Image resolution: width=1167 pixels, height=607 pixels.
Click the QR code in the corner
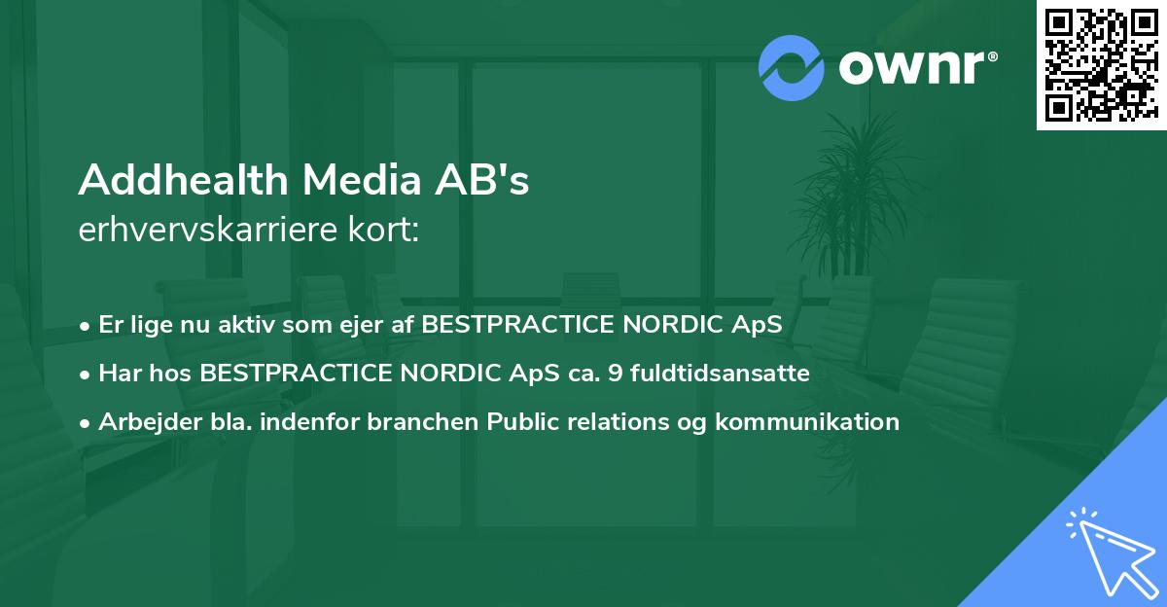[x=1101, y=64]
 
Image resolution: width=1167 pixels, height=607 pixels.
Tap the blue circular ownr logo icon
[x=791, y=68]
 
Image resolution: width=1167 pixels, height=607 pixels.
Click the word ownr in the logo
[x=913, y=68]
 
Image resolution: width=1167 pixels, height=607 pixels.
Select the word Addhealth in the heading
[x=182, y=181]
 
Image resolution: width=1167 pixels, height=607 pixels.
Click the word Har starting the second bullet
[x=119, y=374]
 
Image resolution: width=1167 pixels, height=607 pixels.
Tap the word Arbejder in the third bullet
[x=144, y=422]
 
